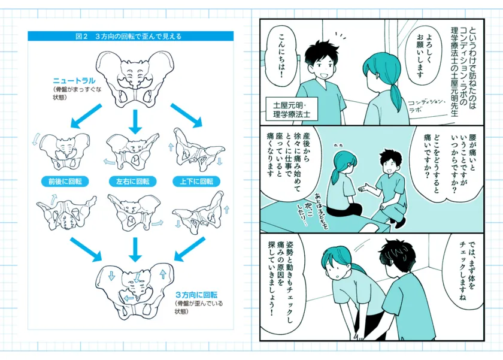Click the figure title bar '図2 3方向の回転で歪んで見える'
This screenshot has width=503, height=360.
click(130, 36)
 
